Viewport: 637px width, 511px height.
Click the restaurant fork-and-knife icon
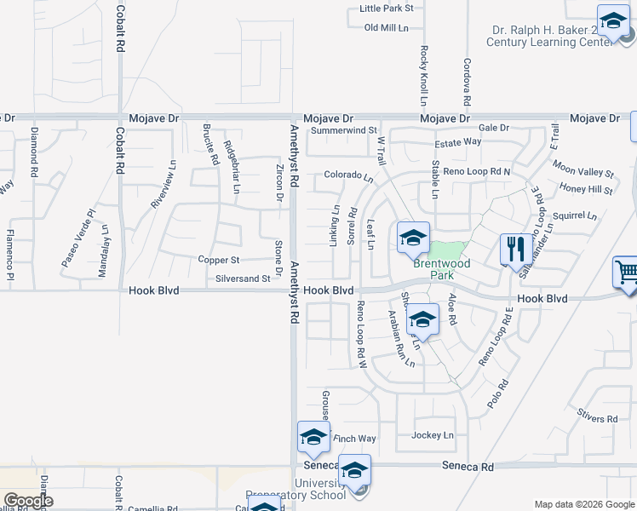point(514,248)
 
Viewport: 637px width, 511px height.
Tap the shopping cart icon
point(626,273)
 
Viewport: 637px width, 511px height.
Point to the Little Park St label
point(386,9)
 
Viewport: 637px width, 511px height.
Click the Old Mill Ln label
point(386,28)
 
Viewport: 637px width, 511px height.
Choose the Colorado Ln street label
point(348,176)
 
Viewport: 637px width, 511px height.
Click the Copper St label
point(219,260)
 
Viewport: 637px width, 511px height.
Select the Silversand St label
point(243,278)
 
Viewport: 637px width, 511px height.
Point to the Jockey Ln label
point(433,435)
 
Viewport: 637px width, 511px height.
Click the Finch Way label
point(354,439)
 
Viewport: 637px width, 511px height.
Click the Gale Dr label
point(493,128)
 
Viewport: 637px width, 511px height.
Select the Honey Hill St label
point(586,189)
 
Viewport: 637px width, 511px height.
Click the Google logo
point(28,501)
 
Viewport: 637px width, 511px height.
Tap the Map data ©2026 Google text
point(584,504)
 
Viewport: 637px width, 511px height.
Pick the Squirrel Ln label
point(575,216)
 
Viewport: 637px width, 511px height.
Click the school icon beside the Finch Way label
point(313,438)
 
